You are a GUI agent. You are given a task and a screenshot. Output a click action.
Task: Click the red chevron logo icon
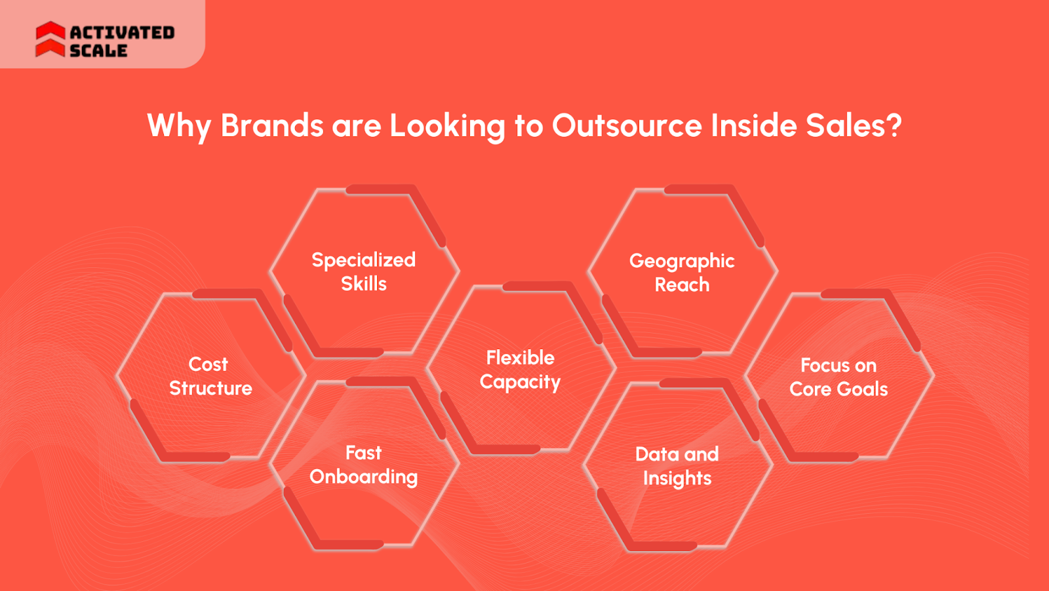(50, 39)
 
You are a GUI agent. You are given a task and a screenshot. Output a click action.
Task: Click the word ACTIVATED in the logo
(122, 32)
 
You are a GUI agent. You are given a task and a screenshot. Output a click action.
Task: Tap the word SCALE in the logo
(98, 50)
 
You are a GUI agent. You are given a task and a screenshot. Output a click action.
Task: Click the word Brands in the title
(271, 125)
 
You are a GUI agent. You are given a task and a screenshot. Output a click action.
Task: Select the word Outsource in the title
(627, 125)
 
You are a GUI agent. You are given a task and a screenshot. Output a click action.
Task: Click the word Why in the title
(178, 126)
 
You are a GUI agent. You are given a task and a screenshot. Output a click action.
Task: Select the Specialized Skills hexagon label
(363, 271)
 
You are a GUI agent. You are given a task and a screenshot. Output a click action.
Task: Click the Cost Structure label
(210, 375)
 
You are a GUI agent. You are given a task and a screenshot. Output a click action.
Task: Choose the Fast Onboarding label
(363, 465)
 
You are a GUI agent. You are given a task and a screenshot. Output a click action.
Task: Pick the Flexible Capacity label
(520, 370)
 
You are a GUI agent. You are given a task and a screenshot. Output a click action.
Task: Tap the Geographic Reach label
(682, 273)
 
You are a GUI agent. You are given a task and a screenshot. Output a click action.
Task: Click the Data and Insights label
(677, 466)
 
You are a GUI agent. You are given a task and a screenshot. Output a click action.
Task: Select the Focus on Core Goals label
(839, 377)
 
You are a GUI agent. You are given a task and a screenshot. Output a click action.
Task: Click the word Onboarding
(363, 477)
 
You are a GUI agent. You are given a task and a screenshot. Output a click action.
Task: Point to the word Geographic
(682, 261)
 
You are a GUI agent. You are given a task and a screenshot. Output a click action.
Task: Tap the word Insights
(677, 478)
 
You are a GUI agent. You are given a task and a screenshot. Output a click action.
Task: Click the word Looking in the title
(447, 126)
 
